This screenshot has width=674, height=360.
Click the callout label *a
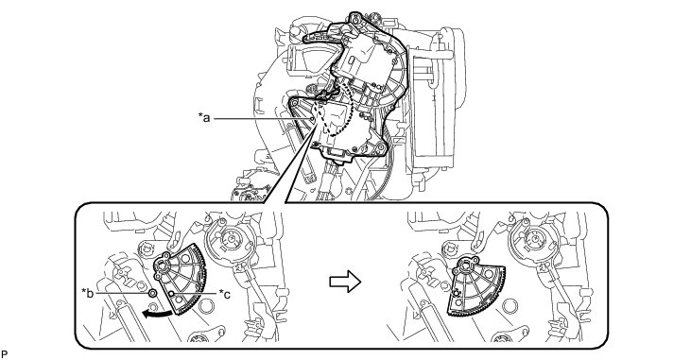tap(204, 117)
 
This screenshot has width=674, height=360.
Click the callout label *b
tap(88, 294)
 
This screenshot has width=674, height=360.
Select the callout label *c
tap(225, 294)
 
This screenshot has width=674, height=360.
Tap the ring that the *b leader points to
tap(152, 293)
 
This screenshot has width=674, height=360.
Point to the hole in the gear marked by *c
tap(172, 294)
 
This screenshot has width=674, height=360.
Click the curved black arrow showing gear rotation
tap(159, 313)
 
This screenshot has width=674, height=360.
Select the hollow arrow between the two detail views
tap(345, 282)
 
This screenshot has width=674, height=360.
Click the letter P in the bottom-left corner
tap(5, 354)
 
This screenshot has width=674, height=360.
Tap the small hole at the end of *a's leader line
tap(312, 117)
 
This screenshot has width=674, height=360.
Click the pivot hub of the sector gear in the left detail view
tap(164, 266)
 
